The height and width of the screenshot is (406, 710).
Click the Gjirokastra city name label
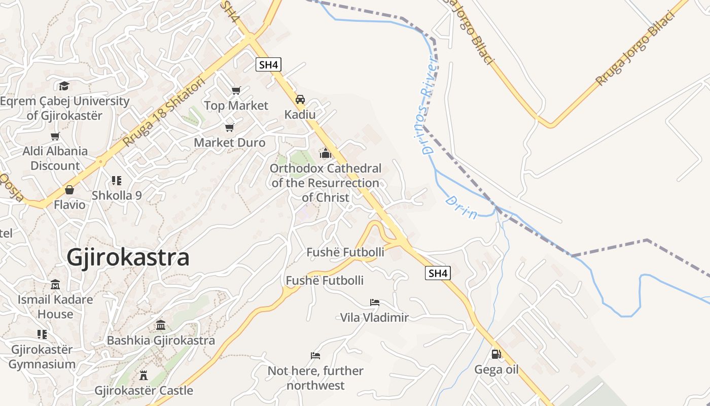tap(128, 257)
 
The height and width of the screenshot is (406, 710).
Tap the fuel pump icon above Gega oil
tap(496, 354)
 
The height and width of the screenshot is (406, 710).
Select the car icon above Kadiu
tap(300, 99)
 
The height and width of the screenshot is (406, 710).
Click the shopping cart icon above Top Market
tap(236, 90)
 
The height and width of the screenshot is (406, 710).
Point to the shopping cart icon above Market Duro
tap(230, 127)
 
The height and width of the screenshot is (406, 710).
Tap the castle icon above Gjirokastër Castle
tap(144, 376)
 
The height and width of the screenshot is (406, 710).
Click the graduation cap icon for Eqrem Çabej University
tap(64, 86)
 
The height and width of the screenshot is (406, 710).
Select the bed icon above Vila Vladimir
tap(375, 302)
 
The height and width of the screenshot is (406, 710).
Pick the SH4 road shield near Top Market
tap(268, 64)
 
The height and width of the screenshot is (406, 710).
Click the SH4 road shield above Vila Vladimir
tap(438, 273)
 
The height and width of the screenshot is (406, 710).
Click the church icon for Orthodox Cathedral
tap(325, 153)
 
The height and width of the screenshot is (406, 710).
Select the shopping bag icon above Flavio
tap(69, 190)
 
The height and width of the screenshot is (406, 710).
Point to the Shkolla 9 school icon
tap(117, 181)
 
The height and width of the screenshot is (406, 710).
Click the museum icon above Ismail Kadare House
tap(55, 284)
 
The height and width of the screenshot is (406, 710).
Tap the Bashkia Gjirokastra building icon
tap(161, 325)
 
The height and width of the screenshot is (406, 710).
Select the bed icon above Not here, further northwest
tap(315, 356)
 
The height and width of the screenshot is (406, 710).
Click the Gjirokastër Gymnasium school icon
tap(42, 334)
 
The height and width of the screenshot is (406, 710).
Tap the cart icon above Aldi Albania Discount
tap(55, 136)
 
